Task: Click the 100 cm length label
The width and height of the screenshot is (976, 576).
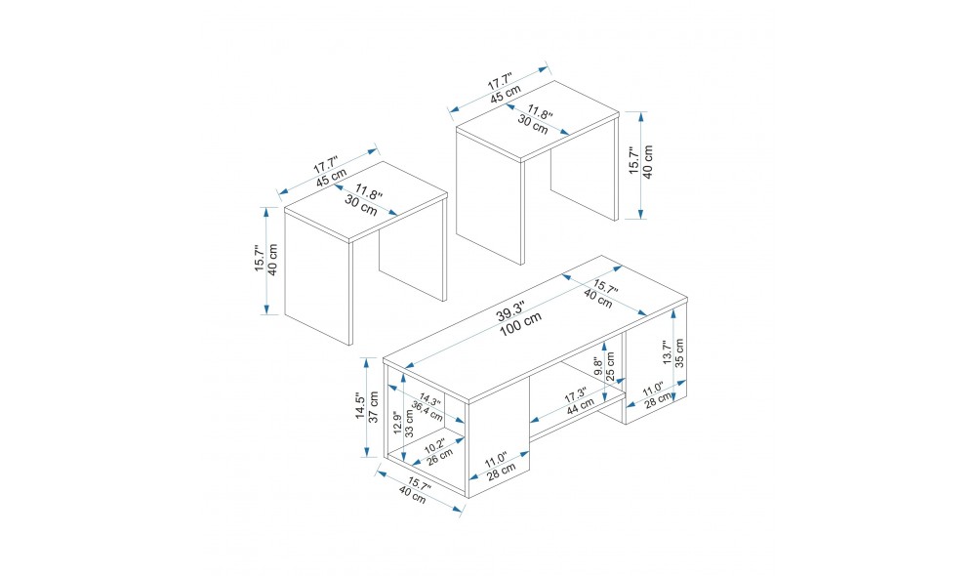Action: (520, 325)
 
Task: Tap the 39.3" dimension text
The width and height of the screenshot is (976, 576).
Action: (510, 310)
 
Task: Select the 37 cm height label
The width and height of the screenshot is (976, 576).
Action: (374, 407)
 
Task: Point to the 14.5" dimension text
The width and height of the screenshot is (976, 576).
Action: (359, 406)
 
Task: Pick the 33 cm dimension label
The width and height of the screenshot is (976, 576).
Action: (410, 422)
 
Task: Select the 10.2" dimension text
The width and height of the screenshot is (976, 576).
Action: (434, 446)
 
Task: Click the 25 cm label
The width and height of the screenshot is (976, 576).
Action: (610, 366)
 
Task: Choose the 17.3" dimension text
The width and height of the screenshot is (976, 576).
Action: (575, 395)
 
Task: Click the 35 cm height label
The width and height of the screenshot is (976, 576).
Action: (679, 352)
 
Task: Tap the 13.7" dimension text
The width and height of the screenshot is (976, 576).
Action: (666, 352)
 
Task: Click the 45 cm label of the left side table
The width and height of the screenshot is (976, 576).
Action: (331, 178)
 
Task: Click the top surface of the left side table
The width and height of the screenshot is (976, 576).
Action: (366, 200)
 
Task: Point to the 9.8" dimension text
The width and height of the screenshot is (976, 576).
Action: (597, 366)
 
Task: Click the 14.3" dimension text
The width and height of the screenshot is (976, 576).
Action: (429, 399)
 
